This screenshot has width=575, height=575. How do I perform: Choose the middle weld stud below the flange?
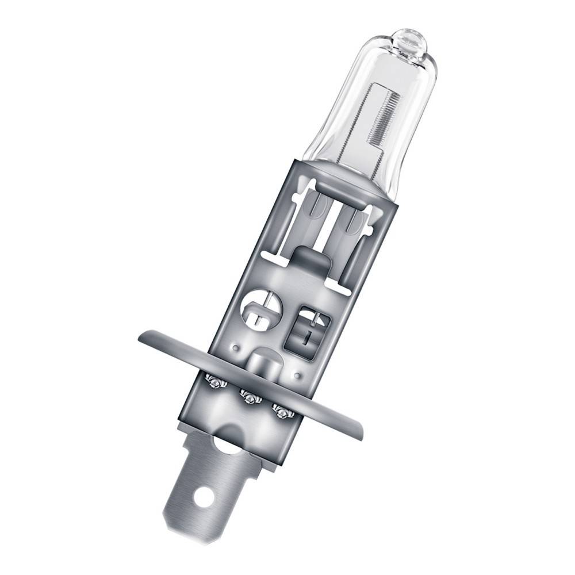249,396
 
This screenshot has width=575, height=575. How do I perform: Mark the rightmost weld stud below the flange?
282,411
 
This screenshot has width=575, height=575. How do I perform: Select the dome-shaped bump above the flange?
264,361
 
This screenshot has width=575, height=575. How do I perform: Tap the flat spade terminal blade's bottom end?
178,526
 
